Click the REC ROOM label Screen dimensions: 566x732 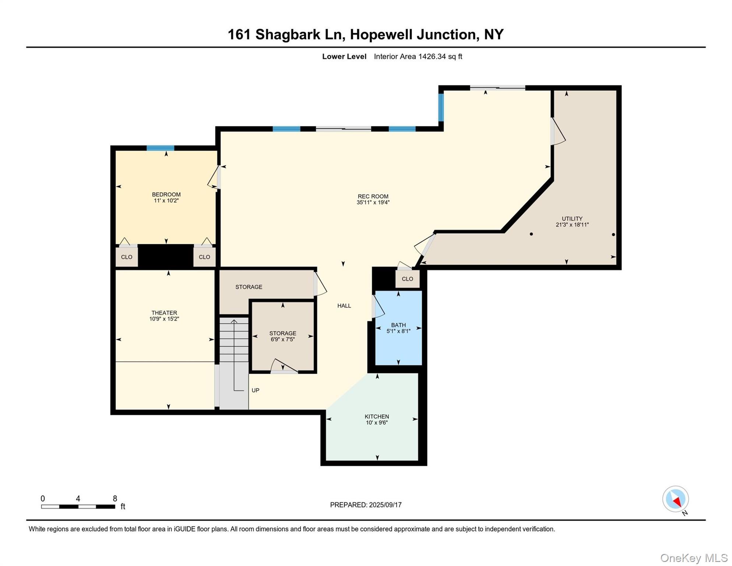click(x=373, y=196)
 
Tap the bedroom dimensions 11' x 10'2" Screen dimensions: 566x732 click(x=166, y=201)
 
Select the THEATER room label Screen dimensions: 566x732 click(x=164, y=313)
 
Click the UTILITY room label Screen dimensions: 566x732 click(x=572, y=219)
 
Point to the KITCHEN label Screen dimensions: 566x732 click(x=377, y=416)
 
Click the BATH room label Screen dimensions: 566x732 click(x=398, y=325)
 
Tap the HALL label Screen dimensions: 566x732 click(x=344, y=305)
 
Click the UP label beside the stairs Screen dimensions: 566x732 click(x=255, y=390)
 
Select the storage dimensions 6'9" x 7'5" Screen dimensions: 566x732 click(x=282, y=339)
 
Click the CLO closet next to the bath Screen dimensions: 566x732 click(x=407, y=279)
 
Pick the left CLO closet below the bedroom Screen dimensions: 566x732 click(x=127, y=257)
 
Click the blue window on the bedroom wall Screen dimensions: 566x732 click(x=160, y=148)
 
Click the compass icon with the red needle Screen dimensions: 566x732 click(x=675, y=499)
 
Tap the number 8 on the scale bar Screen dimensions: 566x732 click(x=115, y=499)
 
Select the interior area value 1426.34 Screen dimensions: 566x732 click(x=432, y=56)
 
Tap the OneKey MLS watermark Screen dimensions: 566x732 click(x=694, y=558)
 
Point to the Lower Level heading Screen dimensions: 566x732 click(x=344, y=56)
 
